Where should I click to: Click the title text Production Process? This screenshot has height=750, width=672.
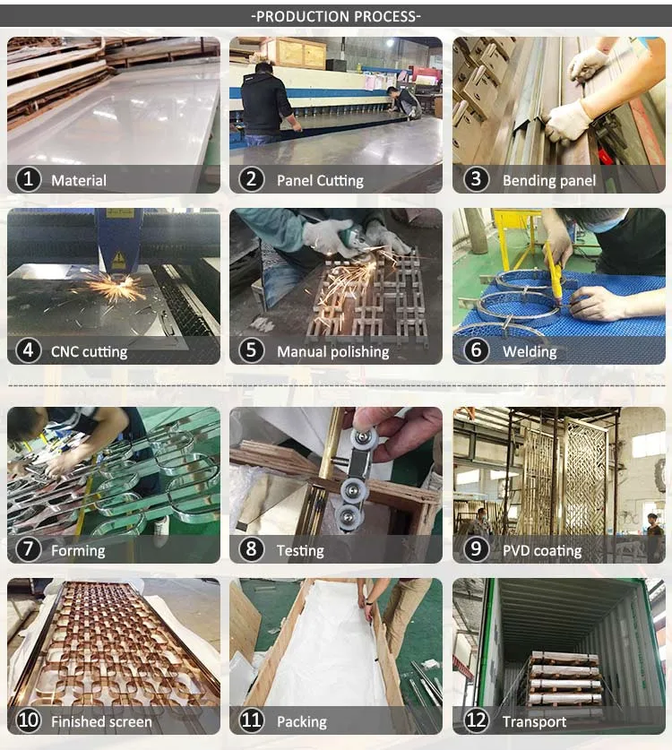(336, 16)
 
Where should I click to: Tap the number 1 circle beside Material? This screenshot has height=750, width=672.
(29, 180)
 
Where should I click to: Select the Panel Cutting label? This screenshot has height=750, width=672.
(320, 180)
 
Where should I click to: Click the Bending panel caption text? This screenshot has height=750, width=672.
(548, 180)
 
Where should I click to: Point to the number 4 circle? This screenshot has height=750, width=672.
(29, 351)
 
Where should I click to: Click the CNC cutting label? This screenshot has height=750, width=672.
(89, 351)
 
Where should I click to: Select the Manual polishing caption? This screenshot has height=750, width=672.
(332, 351)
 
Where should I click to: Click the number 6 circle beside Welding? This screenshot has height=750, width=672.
(475, 351)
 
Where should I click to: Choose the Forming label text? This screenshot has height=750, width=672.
(78, 550)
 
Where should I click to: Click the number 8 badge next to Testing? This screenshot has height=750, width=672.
(252, 550)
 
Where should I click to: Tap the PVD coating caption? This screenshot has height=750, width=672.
(541, 550)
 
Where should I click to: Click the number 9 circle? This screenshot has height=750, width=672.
(475, 550)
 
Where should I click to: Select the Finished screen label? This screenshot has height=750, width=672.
(101, 721)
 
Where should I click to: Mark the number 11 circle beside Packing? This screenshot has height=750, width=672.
(252, 721)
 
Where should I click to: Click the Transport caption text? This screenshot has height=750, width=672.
(534, 721)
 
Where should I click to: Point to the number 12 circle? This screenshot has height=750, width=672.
(475, 721)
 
